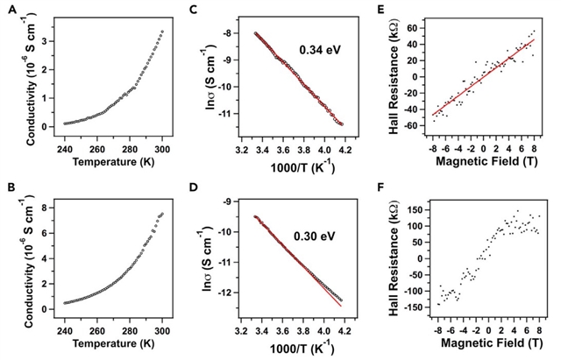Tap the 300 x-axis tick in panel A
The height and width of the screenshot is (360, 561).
[163, 149]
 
